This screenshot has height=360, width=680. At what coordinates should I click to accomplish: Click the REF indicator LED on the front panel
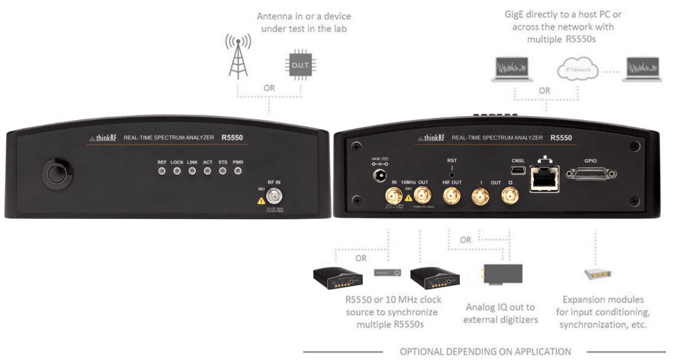pyautogui.click(x=162, y=171)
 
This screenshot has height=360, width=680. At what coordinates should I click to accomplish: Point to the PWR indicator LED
pyautogui.click(x=238, y=171)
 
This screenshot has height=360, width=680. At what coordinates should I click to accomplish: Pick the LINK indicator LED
pyautogui.click(x=192, y=171)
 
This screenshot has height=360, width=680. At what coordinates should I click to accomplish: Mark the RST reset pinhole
pyautogui.click(x=452, y=174)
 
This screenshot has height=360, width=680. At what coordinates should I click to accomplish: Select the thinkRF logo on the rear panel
pyautogui.click(x=431, y=137)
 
